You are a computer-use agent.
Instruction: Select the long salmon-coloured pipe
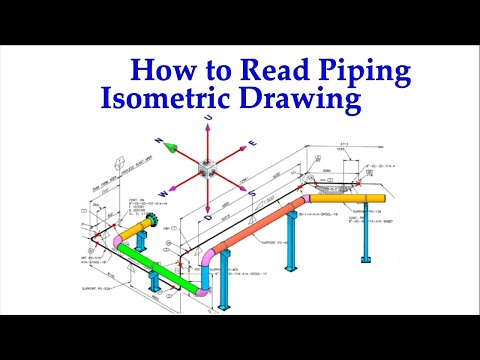click(x=255, y=227)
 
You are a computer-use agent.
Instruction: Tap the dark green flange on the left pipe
click(x=151, y=221)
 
